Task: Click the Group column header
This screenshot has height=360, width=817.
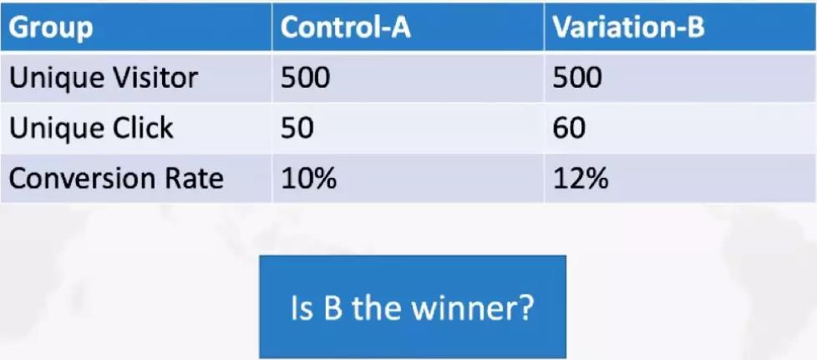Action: pos(51,27)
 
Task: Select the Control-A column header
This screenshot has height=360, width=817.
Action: pos(346,27)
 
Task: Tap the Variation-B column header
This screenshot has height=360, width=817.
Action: pos(628,27)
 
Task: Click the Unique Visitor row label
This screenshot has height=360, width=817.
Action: pos(104,79)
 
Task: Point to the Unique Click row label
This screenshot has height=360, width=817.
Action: pos(91,128)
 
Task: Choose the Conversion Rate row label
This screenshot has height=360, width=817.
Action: pos(116,179)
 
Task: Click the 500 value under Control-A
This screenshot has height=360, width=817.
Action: pos(306,79)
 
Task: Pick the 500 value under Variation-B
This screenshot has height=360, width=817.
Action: pos(577,79)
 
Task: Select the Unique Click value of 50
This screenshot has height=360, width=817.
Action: pos(297,128)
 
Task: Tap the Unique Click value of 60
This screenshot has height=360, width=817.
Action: pos(569,128)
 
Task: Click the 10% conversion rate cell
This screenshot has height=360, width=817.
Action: pos(308,179)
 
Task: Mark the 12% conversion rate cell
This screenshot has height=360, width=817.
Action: pos(581,179)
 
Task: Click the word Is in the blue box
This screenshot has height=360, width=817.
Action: pos(302,308)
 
